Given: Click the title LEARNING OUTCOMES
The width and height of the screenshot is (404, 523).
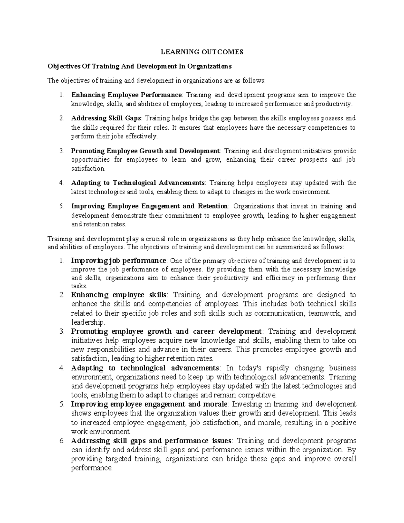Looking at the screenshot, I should pyautogui.click(x=202, y=52).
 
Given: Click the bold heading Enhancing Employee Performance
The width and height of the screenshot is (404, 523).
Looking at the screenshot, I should pyautogui.click(x=126, y=95).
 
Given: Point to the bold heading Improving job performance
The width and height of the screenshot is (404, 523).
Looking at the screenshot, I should pyautogui.click(x=119, y=261).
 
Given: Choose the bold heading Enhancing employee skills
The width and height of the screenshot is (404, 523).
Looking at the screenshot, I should pyautogui.click(x=119, y=295).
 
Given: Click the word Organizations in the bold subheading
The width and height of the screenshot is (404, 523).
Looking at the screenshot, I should pyautogui.click(x=210, y=66).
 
